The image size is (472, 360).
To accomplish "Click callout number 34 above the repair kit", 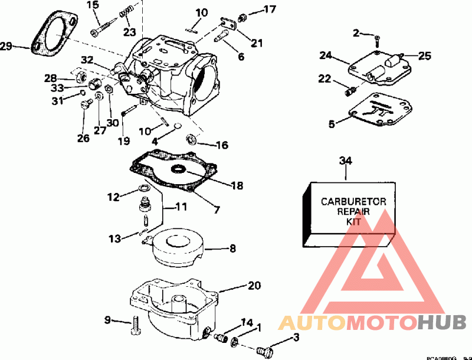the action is (x=346, y=160).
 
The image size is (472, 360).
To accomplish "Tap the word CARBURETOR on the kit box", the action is (x=353, y=201).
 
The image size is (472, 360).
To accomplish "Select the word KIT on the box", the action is (x=353, y=221).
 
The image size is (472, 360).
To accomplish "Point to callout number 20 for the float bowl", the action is (x=254, y=286).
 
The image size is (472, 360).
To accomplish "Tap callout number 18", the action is (x=237, y=186).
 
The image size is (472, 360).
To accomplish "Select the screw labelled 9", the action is (x=137, y=324).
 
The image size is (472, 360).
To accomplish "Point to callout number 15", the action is (x=93, y=5).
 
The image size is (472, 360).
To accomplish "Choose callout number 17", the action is (x=269, y=9).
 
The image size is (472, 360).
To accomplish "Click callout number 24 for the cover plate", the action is (x=326, y=56).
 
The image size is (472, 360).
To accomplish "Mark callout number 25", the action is (x=425, y=57).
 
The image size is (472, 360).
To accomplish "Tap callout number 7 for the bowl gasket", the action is (x=217, y=210).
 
